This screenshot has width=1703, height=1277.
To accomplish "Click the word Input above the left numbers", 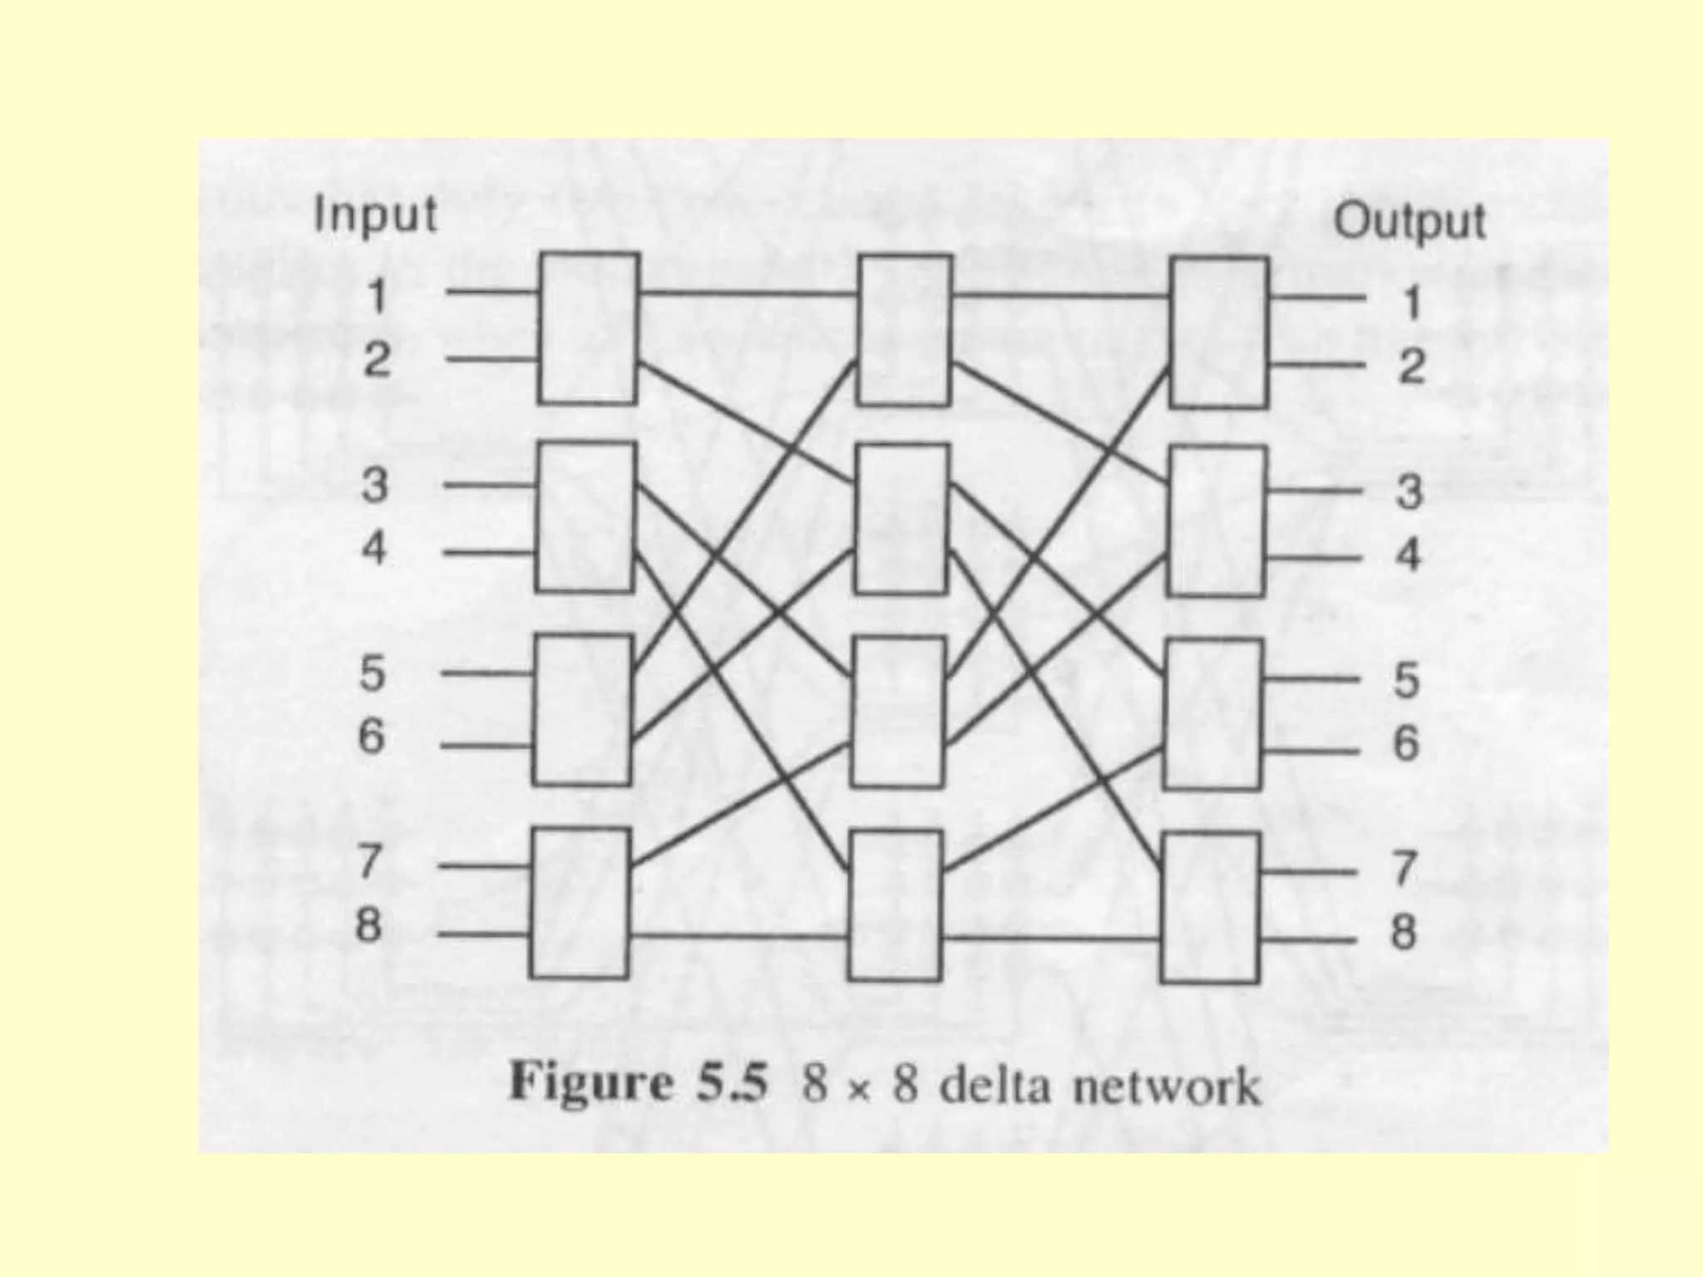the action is (375, 215).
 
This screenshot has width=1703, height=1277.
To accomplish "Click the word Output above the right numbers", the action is (1409, 222).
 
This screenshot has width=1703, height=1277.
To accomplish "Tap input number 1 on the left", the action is (377, 296).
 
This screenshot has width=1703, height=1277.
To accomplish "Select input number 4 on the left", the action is (374, 549).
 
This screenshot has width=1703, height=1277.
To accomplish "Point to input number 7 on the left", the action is (370, 861).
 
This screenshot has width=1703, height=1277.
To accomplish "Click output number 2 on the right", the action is (1411, 367).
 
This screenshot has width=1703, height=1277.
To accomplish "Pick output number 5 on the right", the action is (1406, 680).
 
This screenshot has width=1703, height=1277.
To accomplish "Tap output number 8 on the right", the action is (1404, 932).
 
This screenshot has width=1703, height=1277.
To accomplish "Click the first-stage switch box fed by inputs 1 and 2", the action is (589, 328).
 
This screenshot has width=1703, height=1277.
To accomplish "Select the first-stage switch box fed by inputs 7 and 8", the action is (580, 903).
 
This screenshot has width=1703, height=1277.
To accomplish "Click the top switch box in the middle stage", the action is (906, 330).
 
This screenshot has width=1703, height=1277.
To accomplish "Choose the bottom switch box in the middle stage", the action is (895, 905).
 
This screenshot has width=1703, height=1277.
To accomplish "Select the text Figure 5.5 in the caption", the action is (637, 1082).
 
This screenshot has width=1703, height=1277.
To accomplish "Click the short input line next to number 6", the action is (486, 746).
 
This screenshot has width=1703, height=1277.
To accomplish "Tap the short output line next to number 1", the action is (1317, 297).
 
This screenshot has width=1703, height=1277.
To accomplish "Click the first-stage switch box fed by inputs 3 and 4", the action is (585, 516).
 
